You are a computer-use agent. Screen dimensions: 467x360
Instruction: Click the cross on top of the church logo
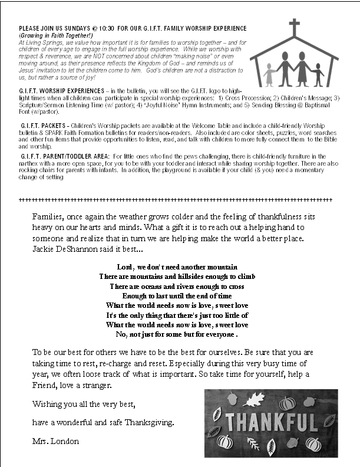click(293, 27)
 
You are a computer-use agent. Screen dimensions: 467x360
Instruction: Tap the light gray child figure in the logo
click(270, 74)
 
